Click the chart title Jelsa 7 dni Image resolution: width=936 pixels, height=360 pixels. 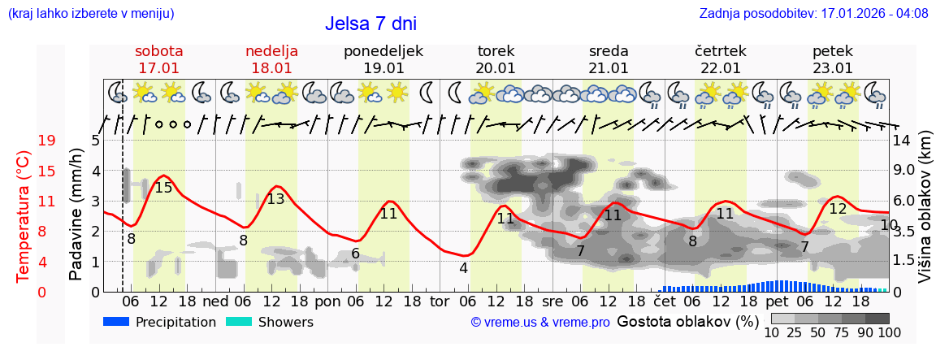click(x=370, y=24)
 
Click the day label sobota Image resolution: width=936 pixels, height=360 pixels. click(x=159, y=51)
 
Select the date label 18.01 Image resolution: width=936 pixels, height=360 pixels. click(x=271, y=68)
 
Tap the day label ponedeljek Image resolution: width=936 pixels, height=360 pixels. click(x=383, y=51)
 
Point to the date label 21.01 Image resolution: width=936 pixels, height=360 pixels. click(x=609, y=68)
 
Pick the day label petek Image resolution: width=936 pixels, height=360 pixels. click(x=833, y=51)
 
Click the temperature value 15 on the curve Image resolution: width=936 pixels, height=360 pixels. click(x=163, y=188)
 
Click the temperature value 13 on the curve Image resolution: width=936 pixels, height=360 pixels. click(x=275, y=199)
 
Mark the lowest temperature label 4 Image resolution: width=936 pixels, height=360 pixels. click(x=463, y=268)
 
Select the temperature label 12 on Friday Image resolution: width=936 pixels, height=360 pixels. click(x=838, y=209)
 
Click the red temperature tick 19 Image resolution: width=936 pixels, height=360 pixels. click(x=46, y=141)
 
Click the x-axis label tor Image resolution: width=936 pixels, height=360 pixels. click(x=440, y=301)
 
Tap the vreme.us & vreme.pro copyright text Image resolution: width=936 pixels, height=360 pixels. click(x=540, y=323)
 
